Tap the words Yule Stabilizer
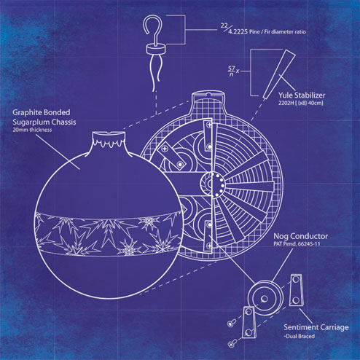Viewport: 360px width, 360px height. (302, 95)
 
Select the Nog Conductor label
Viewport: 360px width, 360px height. (301, 236)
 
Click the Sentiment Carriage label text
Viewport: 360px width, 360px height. (316, 327)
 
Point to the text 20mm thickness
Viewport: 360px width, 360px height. (32, 130)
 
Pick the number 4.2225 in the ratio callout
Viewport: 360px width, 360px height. (238, 32)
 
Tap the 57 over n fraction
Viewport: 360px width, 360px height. (231, 71)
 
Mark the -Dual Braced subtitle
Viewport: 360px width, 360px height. (300, 336)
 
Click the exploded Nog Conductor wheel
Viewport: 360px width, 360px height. (265, 298)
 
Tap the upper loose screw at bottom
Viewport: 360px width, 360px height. (232, 324)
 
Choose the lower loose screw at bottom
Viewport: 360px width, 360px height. (232, 343)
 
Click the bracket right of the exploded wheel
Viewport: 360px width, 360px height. (297, 290)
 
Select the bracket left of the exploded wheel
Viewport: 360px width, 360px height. (249, 322)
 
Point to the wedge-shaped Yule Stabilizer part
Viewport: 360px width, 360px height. (279, 74)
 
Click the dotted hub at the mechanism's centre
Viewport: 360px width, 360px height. (213, 184)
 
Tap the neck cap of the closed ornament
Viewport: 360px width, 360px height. (109, 140)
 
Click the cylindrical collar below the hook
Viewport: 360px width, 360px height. (156, 49)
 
